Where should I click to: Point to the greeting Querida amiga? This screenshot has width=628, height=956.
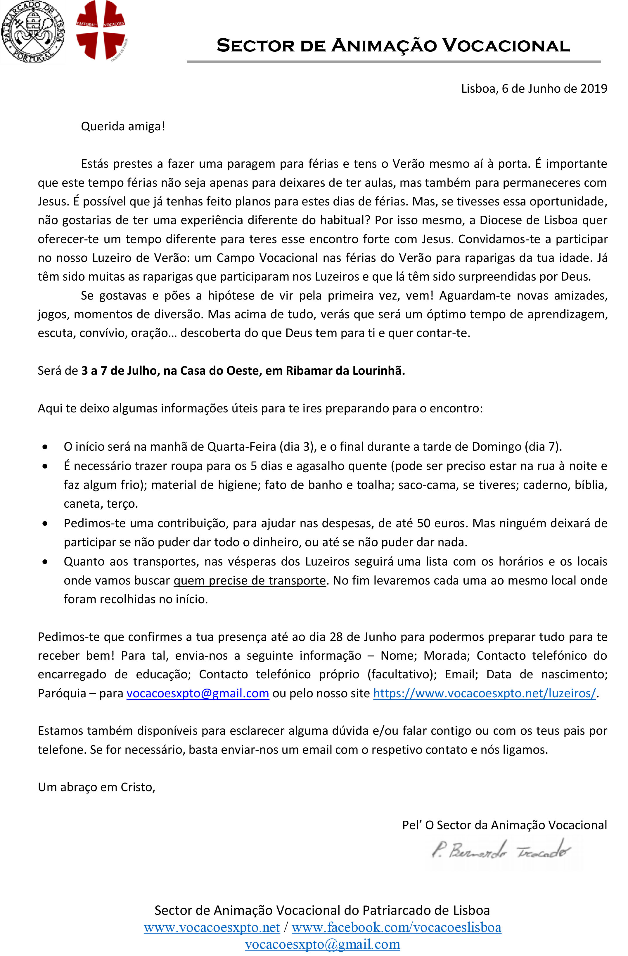pyautogui.click(x=123, y=127)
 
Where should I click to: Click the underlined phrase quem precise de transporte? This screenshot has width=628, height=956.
pyautogui.click(x=249, y=581)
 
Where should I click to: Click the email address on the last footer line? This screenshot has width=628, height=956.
pyautogui.click(x=322, y=944)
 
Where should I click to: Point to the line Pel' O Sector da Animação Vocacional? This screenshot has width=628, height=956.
pyautogui.click(x=504, y=825)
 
